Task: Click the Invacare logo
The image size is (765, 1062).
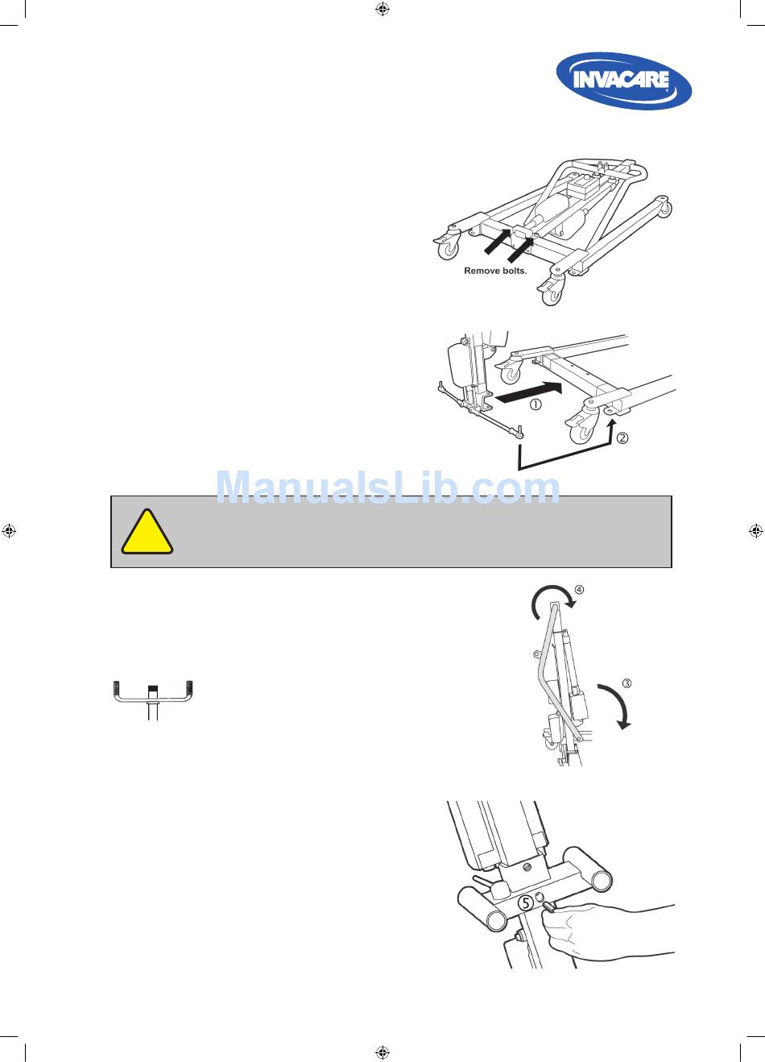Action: click(x=624, y=81)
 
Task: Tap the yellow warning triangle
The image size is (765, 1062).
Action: click(x=147, y=533)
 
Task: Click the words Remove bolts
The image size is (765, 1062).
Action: click(x=495, y=271)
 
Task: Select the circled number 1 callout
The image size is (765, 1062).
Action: click(x=535, y=404)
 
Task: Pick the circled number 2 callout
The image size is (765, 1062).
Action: click(x=622, y=438)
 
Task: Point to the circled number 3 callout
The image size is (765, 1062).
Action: click(x=626, y=683)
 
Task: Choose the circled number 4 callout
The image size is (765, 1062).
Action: click(x=579, y=590)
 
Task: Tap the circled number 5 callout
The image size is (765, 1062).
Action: click(x=525, y=902)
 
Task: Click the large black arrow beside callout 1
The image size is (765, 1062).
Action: click(x=528, y=393)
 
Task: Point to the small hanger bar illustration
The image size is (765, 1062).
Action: click(x=152, y=699)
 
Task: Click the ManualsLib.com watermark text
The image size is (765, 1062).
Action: click(x=387, y=487)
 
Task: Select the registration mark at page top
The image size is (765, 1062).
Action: click(x=382, y=9)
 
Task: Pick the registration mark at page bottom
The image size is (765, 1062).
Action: click(x=382, y=1052)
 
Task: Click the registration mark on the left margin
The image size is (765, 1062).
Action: click(x=9, y=530)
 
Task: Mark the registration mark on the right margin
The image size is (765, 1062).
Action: click(x=755, y=530)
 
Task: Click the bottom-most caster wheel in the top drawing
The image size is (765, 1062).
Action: click(x=552, y=295)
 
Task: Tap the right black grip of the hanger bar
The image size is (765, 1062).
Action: click(x=189, y=687)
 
